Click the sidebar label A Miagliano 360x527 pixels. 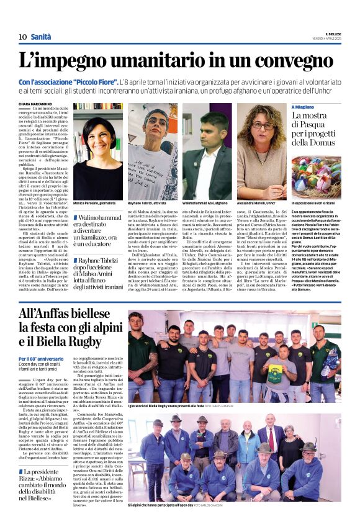pyautogui.click(x=307, y=107)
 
